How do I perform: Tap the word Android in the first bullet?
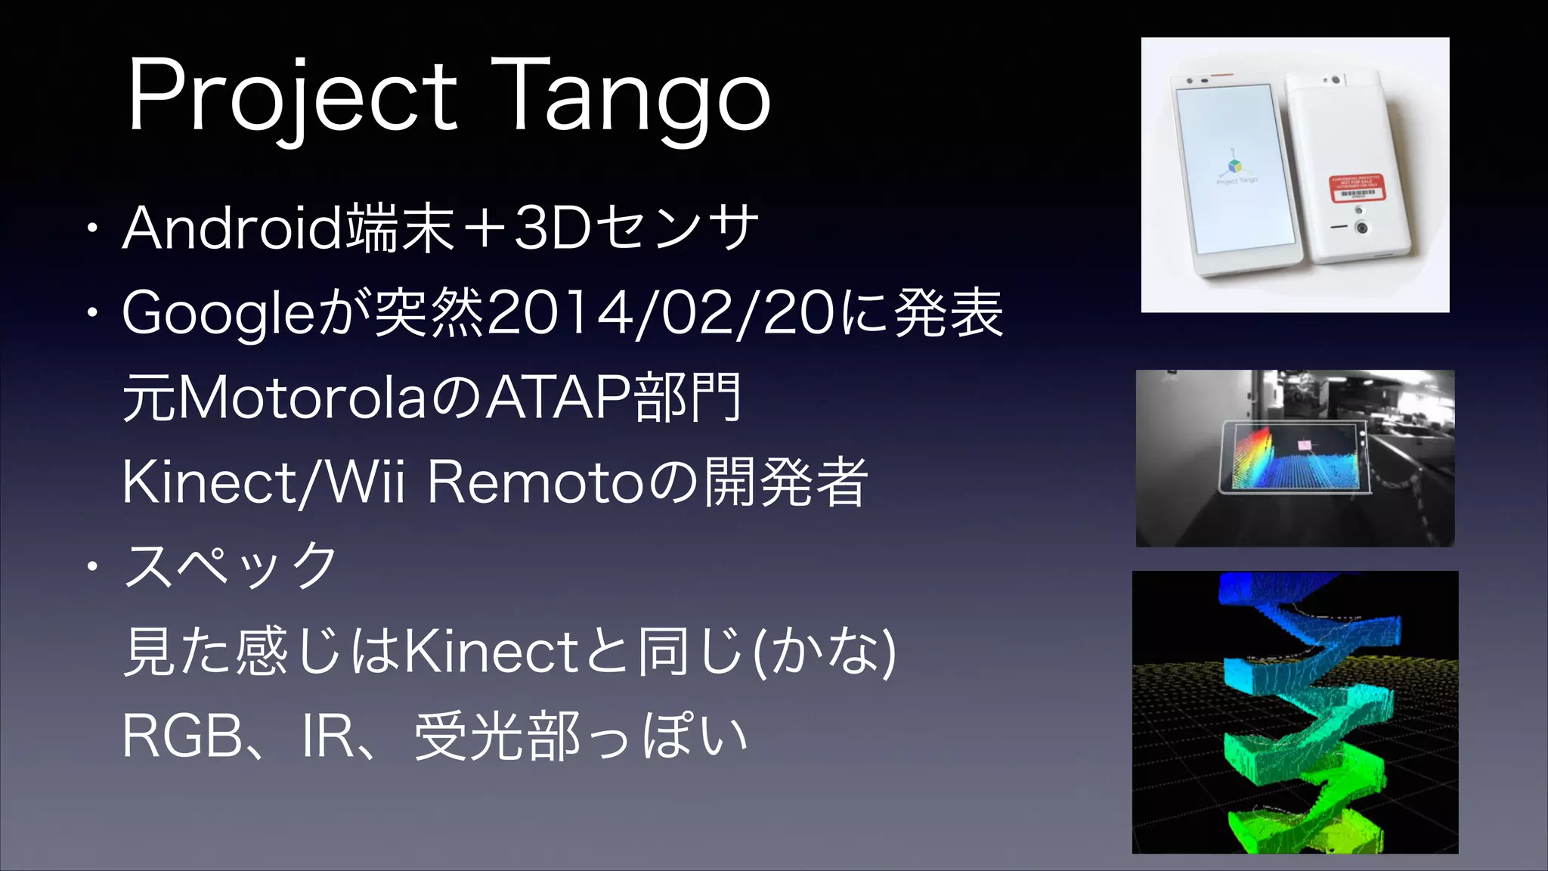(231, 228)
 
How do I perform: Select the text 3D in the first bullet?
(552, 228)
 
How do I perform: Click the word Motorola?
(302, 398)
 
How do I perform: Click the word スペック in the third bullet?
(231, 566)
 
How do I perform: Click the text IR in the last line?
(328, 736)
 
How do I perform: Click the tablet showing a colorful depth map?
(1293, 458)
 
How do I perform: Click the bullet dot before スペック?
(91, 566)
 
